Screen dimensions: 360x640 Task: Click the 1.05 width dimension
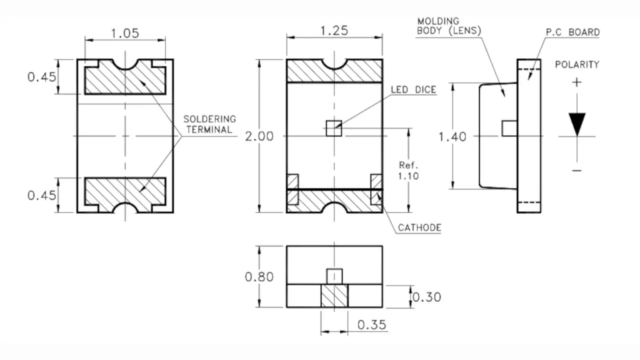[124, 33]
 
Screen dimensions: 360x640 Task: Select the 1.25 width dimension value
[334, 30]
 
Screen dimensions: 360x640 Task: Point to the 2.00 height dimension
[259, 136]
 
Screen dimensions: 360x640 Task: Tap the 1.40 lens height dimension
[452, 136]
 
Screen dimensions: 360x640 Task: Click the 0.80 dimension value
[259, 276]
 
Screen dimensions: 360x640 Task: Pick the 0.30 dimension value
[427, 296]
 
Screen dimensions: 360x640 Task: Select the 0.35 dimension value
[372, 324]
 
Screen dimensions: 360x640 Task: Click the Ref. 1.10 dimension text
[408, 170]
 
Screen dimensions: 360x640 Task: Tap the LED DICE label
[413, 90]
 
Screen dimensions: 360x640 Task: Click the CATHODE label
[419, 228]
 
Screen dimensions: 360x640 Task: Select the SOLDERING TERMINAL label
[209, 124]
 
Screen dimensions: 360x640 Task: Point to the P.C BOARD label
[572, 32]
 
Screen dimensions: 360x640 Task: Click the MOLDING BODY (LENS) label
[448, 25]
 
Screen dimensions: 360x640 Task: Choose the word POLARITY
[576, 64]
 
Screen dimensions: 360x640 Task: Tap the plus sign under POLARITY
[577, 82]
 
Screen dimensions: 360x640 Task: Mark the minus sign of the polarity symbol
[577, 171]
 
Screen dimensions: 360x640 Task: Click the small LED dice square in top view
[333, 128]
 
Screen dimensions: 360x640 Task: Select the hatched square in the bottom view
[333, 296]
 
